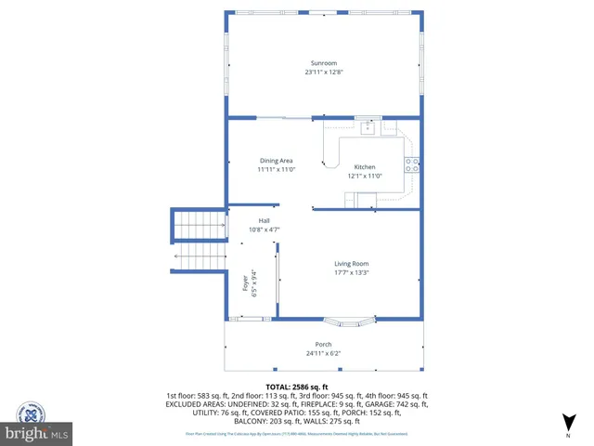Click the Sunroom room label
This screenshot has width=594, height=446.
324,62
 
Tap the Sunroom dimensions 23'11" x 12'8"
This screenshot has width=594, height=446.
324,72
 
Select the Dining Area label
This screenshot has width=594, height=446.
276,161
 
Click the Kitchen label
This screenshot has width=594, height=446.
365,166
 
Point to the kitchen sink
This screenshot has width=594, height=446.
368,128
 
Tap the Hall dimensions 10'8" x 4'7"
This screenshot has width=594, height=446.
265,230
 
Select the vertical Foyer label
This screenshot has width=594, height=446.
246,282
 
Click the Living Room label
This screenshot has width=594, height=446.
352,264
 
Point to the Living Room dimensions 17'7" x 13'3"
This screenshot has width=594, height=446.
352,273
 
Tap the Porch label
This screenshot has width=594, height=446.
324,344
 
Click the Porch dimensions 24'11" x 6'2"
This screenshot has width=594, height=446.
324,353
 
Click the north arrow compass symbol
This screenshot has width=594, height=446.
568,423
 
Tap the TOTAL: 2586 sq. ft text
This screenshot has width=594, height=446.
297,386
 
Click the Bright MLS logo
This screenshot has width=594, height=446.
37,423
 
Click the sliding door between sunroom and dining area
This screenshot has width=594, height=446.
284,118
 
